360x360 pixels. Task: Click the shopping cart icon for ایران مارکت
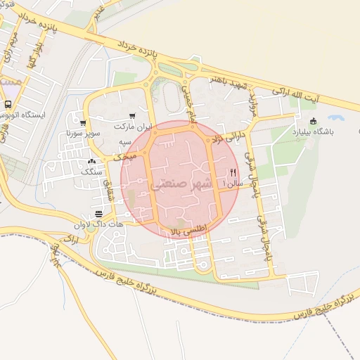[x=132, y=117]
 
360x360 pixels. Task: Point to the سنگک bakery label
[x=91, y=172]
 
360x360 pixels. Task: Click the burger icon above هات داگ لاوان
[x=98, y=213]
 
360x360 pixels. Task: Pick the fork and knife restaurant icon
[x=233, y=172]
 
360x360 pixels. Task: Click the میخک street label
[x=124, y=155]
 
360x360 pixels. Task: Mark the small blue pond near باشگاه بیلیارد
[x=335, y=117]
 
